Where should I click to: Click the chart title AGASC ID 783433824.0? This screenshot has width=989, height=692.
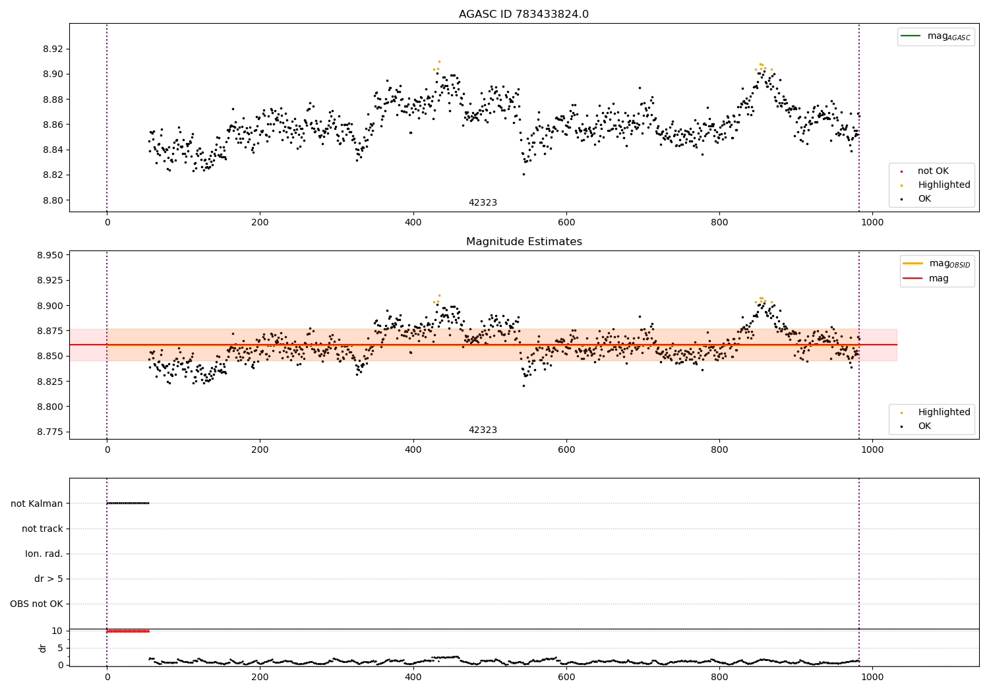(x=524, y=14)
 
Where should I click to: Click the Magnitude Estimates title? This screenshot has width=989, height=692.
(x=524, y=242)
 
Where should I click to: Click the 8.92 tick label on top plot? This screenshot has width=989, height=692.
(x=53, y=49)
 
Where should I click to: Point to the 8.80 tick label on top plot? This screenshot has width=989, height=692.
(x=53, y=200)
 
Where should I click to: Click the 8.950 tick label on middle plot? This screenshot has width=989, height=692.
(x=50, y=255)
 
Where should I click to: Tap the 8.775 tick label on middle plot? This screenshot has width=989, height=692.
(x=50, y=432)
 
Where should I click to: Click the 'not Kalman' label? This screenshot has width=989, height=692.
(x=37, y=504)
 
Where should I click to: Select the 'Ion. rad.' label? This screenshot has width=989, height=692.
(x=44, y=554)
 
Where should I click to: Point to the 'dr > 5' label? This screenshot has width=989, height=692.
(x=49, y=579)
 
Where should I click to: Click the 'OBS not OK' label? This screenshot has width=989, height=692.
(x=36, y=604)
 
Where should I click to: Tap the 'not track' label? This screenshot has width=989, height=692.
(x=42, y=529)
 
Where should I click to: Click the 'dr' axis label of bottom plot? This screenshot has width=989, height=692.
(x=43, y=648)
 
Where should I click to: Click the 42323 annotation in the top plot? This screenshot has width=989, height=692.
(x=483, y=203)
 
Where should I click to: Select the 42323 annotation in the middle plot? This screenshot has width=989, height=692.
(x=483, y=430)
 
